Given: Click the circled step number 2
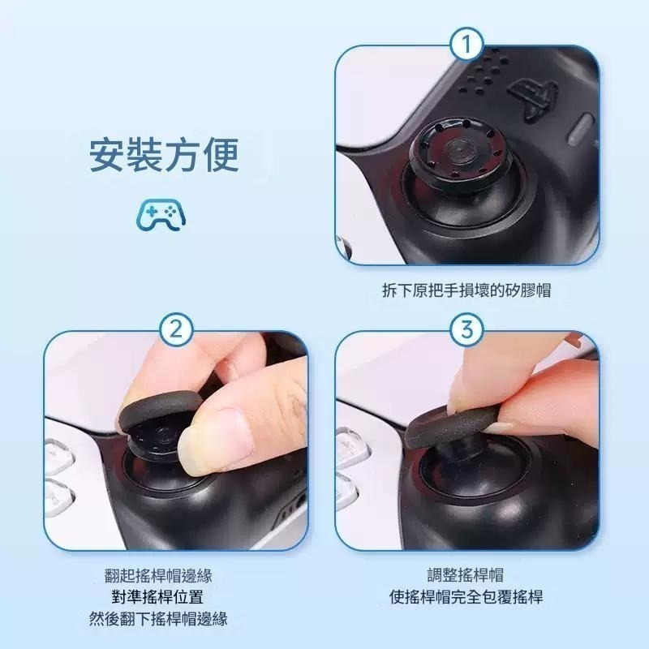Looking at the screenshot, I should [175, 330].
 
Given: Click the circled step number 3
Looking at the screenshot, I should [466, 330].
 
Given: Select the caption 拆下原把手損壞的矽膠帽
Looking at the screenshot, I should [466, 290].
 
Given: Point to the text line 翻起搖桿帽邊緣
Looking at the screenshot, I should [158, 575].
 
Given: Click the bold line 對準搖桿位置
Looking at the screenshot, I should [158, 597].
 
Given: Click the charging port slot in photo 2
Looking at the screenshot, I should [288, 511].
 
